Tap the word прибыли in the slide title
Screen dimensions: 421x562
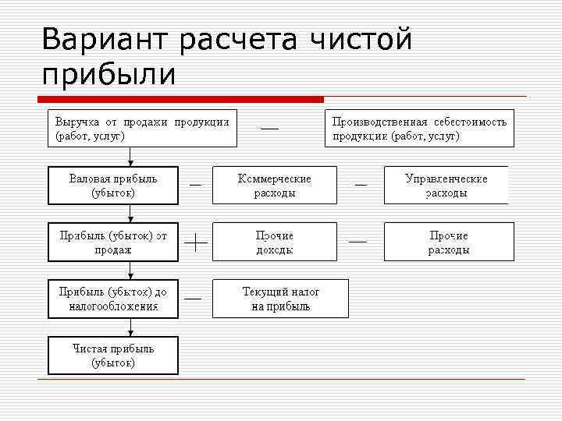click(109, 75)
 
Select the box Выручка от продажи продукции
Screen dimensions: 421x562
click(142, 129)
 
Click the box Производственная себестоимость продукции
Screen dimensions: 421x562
click(419, 129)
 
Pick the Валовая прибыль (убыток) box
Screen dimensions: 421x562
click(113, 186)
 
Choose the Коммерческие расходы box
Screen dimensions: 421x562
click(275, 186)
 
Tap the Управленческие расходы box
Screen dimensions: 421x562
click(446, 186)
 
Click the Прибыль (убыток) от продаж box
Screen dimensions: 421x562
click(113, 242)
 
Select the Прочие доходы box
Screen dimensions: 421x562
click(275, 242)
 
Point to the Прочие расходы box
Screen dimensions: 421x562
click(449, 242)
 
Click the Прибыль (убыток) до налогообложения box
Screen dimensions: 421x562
click(113, 299)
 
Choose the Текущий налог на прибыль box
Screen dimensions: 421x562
click(281, 299)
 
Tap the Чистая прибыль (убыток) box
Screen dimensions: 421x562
click(113, 356)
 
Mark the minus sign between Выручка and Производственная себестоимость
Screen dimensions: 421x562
click(269, 127)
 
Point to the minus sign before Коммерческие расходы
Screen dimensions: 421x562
click(195, 185)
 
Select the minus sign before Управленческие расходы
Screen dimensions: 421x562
click(361, 185)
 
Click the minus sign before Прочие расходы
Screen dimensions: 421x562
click(357, 242)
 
